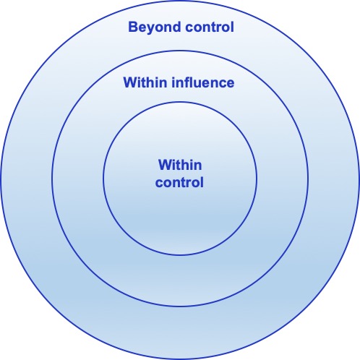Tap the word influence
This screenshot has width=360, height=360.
click(203, 82)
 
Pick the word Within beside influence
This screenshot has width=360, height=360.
click(145, 82)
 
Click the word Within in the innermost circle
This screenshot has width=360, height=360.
click(180, 165)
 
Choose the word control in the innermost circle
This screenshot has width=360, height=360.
click(179, 182)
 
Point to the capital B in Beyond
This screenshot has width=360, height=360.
click(133, 27)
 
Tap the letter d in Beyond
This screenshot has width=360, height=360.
click(176, 27)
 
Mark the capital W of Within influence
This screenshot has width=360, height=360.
click(131, 82)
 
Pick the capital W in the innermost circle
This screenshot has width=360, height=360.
click(166, 165)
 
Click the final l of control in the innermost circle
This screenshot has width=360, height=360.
click(202, 182)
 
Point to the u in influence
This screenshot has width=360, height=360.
click(201, 84)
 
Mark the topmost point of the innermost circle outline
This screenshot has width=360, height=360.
click(180, 102)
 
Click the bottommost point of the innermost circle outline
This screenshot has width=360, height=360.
click(180, 255)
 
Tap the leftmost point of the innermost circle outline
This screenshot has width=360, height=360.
click(103, 179)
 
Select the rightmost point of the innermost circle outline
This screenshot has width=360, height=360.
click(257, 179)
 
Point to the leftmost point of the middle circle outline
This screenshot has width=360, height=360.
click(52, 179)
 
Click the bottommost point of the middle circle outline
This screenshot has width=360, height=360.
click(180, 307)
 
